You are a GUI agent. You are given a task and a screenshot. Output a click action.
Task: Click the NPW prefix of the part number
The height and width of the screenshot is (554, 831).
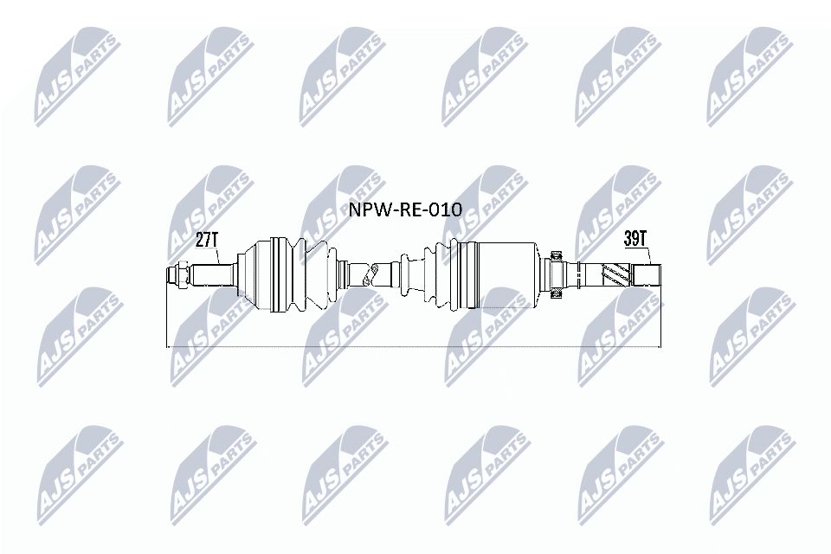pos(366,209)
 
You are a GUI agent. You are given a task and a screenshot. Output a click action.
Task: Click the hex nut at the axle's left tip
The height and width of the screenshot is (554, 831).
pos(176,275)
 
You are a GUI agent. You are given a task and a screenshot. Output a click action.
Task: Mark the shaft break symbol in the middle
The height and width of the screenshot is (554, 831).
pos(371,276)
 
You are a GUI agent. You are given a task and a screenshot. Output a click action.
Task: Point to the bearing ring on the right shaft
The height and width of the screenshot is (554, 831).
pos(555,276)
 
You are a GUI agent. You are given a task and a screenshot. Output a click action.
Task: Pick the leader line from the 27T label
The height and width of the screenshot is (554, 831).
pos(216,254)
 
